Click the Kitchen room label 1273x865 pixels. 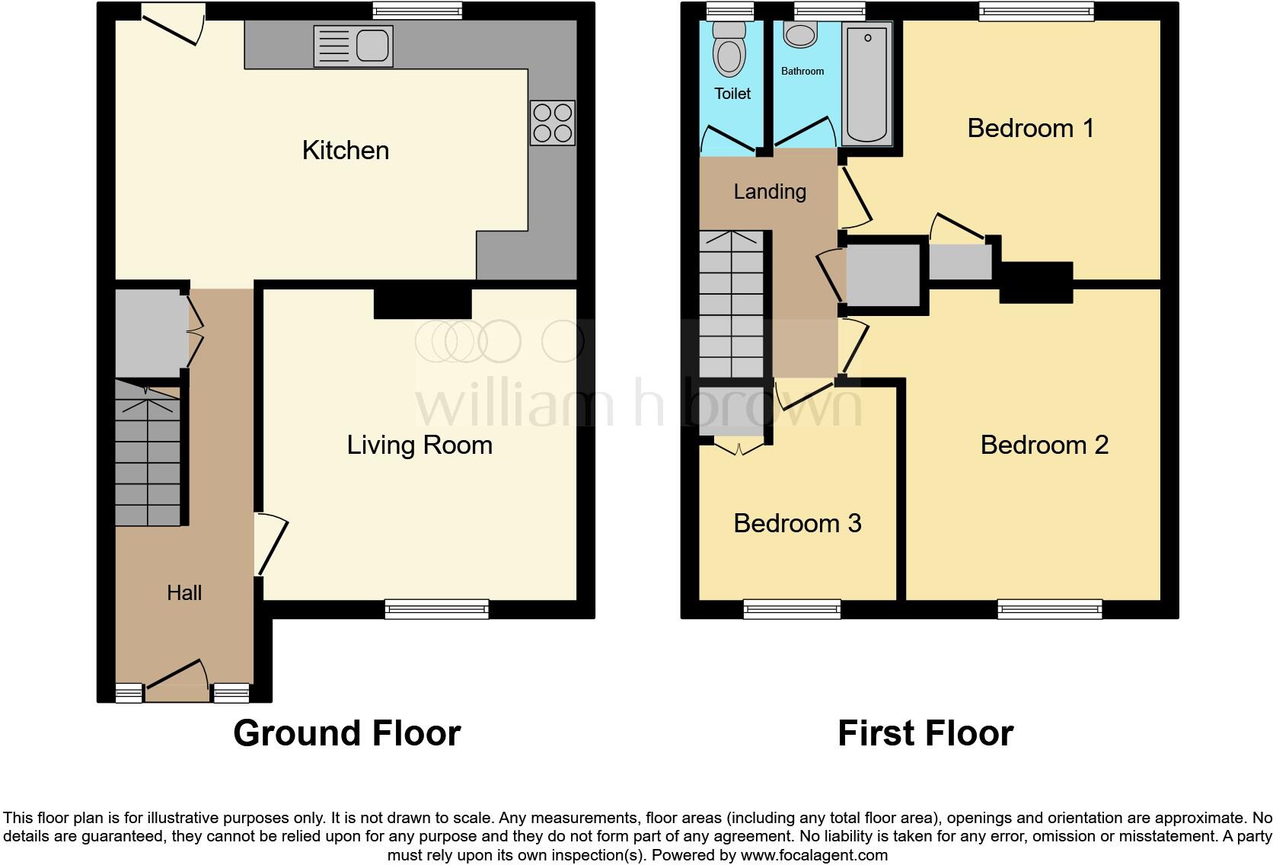click(345, 150)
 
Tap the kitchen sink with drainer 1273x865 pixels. click(353, 46)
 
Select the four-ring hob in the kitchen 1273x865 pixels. click(553, 123)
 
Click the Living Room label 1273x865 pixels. click(420, 445)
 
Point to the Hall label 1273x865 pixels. click(184, 592)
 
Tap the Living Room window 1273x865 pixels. click(436, 608)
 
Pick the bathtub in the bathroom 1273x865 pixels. click(867, 84)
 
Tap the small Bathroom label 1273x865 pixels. click(802, 71)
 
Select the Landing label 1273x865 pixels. click(770, 191)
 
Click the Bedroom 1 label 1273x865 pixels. click(1030, 128)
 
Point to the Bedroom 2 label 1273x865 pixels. click(1044, 445)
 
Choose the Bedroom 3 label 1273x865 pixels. click(797, 523)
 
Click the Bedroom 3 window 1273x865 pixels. click(792, 608)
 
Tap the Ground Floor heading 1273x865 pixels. click(346, 733)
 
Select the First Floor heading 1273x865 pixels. click(925, 733)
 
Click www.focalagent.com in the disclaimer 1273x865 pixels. click(813, 855)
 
